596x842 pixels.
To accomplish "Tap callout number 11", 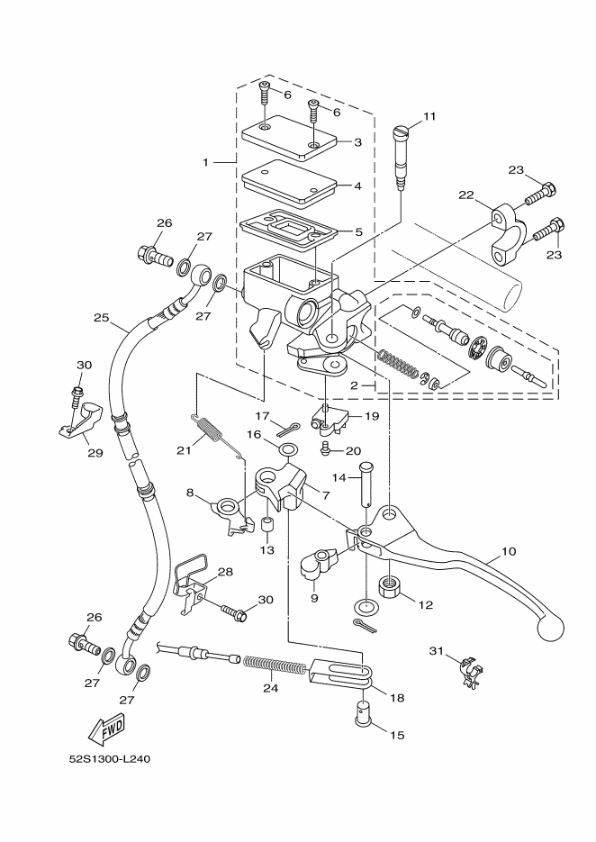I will point(429,116).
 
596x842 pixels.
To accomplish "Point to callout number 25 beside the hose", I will point(101,318).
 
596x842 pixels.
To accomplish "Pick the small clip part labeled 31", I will point(468,670).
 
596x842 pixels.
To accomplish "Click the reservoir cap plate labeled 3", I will point(289,138).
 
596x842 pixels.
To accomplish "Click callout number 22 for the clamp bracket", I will point(465,195).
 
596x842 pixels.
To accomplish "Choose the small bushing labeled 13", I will point(266,526).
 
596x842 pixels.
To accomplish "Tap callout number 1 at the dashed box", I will point(205,163).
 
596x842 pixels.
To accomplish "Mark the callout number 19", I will point(371,417).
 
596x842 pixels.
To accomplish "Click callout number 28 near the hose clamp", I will point(224,572).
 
